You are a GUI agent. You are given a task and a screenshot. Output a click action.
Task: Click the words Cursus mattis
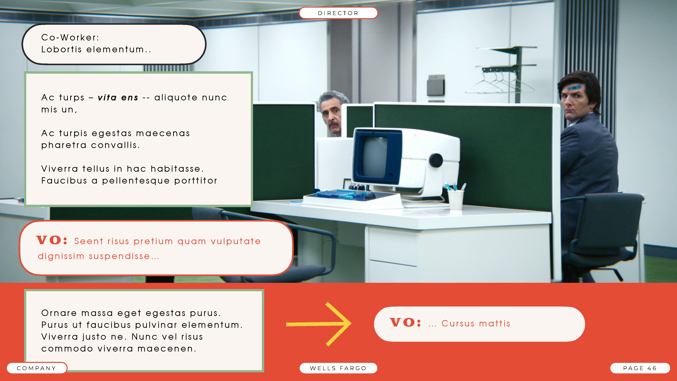[476, 323]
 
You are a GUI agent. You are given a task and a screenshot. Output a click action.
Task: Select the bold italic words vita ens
[118, 98]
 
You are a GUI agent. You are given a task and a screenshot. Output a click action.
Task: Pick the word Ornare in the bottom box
[59, 313]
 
